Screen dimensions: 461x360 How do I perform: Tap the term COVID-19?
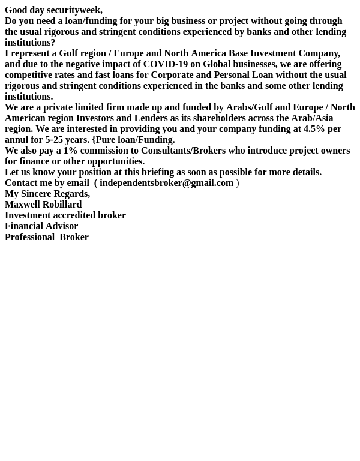tap(165, 64)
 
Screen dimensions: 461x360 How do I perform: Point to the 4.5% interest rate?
tap(314, 129)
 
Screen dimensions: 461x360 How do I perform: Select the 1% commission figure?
tap(70, 151)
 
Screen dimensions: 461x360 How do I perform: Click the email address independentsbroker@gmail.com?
tap(166, 183)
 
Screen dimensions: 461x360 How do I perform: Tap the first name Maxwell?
tap(22, 205)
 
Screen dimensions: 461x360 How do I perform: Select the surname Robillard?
tap(62, 205)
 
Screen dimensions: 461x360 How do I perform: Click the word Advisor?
tap(62, 226)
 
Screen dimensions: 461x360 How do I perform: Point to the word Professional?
tap(29, 237)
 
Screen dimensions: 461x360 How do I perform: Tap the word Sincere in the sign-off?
tap(37, 194)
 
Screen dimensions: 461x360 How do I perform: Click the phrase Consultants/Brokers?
tap(183, 151)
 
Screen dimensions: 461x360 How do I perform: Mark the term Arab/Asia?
tap(312, 118)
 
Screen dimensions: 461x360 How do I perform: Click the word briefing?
tap(159, 172)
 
